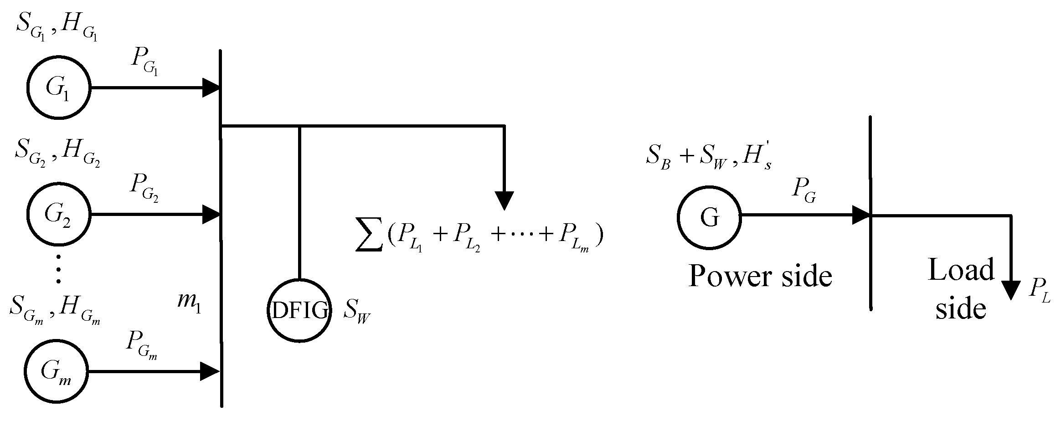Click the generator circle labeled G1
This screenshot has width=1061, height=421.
(58, 88)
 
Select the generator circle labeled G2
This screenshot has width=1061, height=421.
(58, 214)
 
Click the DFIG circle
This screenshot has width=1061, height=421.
(299, 310)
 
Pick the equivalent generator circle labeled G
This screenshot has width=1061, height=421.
(709, 218)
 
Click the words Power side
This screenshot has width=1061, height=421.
(760, 276)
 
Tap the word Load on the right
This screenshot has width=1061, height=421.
(961, 270)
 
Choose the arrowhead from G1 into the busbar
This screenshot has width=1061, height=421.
(211, 88)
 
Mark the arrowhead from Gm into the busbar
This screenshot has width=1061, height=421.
(211, 372)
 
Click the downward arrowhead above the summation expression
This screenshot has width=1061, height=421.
(504, 200)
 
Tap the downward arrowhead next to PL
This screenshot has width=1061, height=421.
(1011, 289)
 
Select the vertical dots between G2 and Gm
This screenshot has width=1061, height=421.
(58, 268)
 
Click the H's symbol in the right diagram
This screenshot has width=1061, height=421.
(756, 159)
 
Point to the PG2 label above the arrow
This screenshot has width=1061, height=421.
(144, 188)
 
